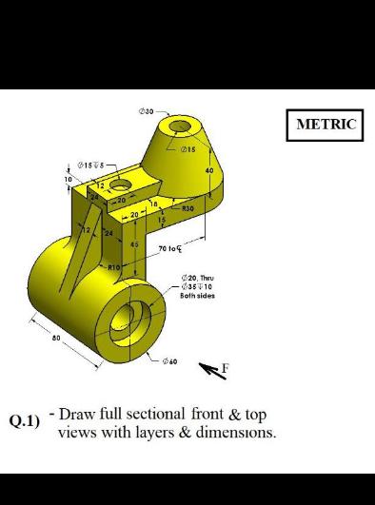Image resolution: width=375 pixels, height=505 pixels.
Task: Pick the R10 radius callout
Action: click(114, 269)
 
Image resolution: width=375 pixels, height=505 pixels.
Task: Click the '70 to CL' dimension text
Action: click(171, 248)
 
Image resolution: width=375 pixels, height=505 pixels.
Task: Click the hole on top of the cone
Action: click(180, 126)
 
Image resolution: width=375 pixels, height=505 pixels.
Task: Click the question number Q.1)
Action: click(25, 421)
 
